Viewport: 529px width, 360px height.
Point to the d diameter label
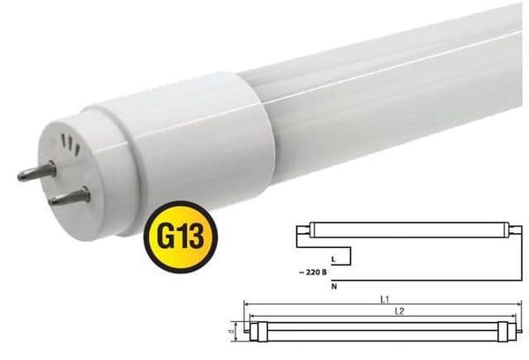(x=232, y=332)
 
